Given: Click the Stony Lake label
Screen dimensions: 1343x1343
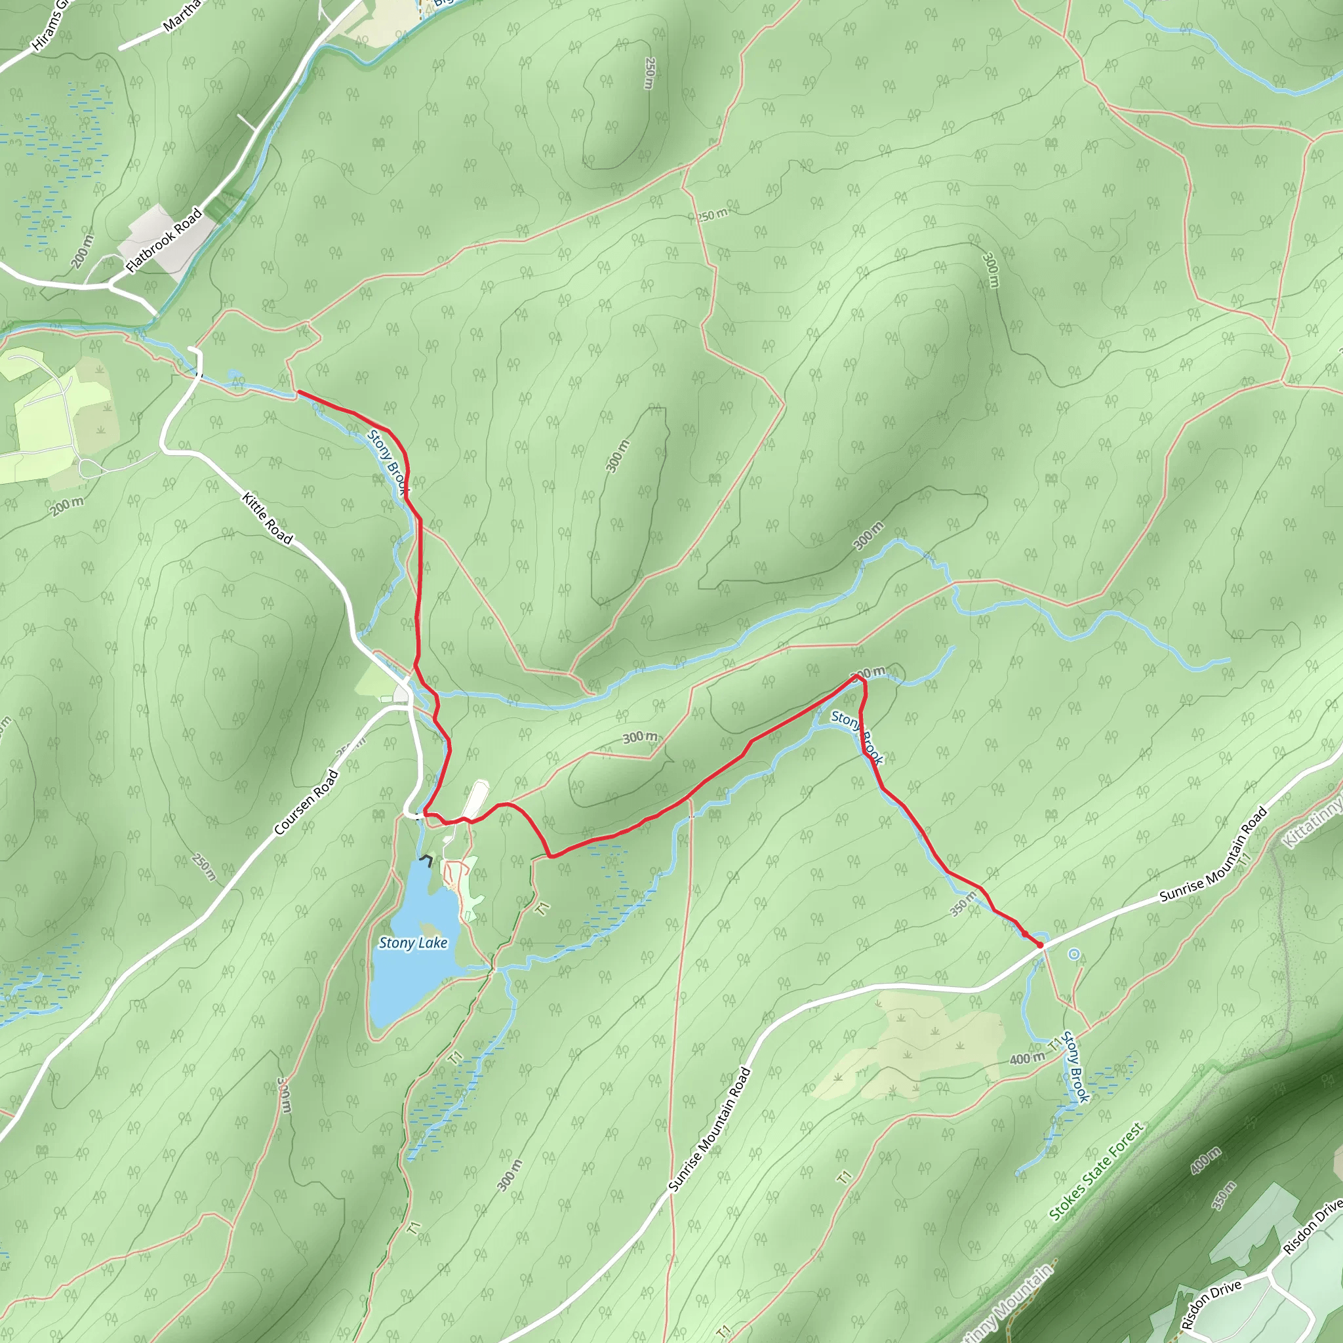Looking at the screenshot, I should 413,943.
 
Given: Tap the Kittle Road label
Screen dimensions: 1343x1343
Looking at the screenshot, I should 268,518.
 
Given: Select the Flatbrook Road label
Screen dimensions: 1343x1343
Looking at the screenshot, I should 164,240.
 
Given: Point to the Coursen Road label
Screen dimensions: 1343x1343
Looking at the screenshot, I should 306,802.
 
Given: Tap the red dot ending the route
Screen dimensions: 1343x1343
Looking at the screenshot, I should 1041,946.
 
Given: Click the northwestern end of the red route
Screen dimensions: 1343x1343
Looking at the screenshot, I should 299,393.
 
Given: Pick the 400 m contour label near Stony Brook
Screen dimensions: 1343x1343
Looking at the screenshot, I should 1027,1058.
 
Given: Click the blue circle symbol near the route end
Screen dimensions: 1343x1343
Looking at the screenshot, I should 1074,954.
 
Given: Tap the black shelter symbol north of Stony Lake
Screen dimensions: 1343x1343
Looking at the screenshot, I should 426,860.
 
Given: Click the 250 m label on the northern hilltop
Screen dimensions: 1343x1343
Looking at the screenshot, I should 649,73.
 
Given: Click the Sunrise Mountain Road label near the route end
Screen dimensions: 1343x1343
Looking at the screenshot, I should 1213,856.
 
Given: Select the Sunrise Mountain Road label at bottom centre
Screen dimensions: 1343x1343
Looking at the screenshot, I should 709,1130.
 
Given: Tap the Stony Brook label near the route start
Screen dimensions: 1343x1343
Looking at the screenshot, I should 387,462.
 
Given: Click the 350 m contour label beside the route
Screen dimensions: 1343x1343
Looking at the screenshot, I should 963,905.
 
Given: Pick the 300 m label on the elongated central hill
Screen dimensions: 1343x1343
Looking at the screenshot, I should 617,456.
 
